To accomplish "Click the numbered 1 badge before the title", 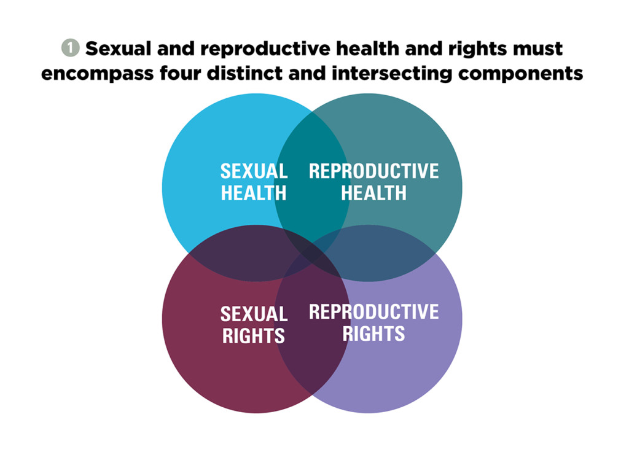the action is point(70,48).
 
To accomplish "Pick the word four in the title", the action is point(180,73).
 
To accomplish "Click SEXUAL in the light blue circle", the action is point(254,171).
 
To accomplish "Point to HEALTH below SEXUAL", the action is point(254,193).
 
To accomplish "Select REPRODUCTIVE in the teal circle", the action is point(374,171).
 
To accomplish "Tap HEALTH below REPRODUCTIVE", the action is point(374,193).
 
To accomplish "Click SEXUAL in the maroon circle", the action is point(254,314).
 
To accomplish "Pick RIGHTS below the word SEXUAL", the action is point(254,336).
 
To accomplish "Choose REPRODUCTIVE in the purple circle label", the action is point(374,312).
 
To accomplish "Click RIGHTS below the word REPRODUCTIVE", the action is point(374,333).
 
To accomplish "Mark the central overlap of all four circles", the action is point(312,253).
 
